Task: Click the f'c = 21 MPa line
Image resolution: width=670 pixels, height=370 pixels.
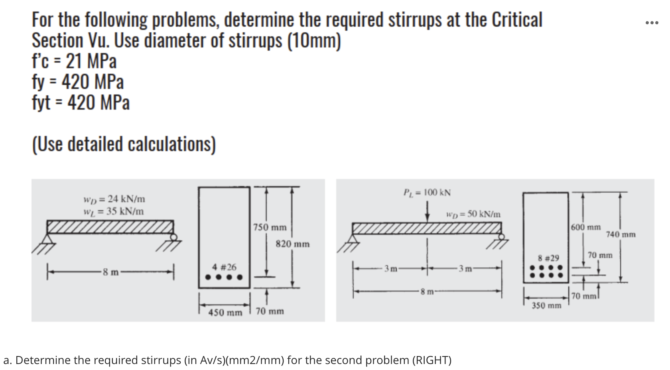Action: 74,61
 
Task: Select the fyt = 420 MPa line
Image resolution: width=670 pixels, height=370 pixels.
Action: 81,102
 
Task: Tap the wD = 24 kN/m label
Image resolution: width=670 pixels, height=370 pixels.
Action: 114,199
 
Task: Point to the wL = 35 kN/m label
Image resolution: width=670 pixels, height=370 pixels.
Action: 114,211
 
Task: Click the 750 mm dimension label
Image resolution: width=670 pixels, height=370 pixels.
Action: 270,228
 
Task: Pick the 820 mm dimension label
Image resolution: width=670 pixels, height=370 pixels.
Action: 292,244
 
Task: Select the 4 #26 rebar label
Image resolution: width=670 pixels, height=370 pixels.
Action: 224,267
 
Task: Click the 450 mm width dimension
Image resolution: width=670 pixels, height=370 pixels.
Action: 225,313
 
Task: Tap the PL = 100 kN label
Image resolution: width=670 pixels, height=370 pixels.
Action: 427,193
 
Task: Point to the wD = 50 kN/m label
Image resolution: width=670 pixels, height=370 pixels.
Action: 473,214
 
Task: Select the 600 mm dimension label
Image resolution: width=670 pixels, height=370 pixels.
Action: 585,227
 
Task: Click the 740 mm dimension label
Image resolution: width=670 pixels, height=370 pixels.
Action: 621,234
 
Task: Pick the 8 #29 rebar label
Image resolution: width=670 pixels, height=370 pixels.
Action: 548,258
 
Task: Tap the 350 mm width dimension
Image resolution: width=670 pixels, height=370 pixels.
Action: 546,305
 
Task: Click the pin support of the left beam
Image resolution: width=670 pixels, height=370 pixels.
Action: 49,240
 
